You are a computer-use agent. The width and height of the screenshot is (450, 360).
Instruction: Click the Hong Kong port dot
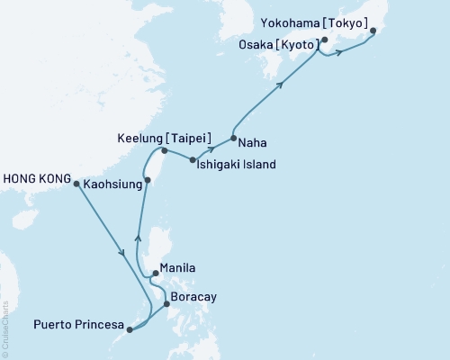click(x=76, y=184)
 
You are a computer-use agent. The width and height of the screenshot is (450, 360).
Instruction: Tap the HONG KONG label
click(x=36, y=178)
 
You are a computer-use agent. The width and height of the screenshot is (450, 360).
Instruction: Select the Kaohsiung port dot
click(x=148, y=181)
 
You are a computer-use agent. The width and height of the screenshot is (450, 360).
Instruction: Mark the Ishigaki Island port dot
click(x=193, y=160)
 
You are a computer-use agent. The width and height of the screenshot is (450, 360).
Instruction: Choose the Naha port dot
click(x=234, y=139)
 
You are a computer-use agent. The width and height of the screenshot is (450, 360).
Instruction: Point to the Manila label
click(x=176, y=267)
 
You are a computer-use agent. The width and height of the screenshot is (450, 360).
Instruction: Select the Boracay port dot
click(x=166, y=304)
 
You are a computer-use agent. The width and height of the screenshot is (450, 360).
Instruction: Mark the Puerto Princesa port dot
click(x=131, y=330)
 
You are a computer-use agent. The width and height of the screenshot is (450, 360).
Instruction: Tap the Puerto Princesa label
click(x=80, y=324)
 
